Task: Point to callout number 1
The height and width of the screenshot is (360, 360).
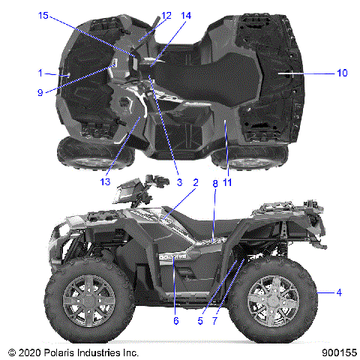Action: tap(40, 73)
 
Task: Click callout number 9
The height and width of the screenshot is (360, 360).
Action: tap(41, 92)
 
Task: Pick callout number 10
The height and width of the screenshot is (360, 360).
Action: tap(340, 73)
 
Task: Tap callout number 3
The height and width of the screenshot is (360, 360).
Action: tap(179, 181)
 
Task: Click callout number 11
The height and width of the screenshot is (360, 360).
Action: tap(226, 181)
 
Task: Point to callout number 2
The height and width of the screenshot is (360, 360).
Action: tap(195, 181)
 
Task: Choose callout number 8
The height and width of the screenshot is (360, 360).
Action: tap(214, 181)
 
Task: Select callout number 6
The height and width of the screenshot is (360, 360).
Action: tap(176, 321)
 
